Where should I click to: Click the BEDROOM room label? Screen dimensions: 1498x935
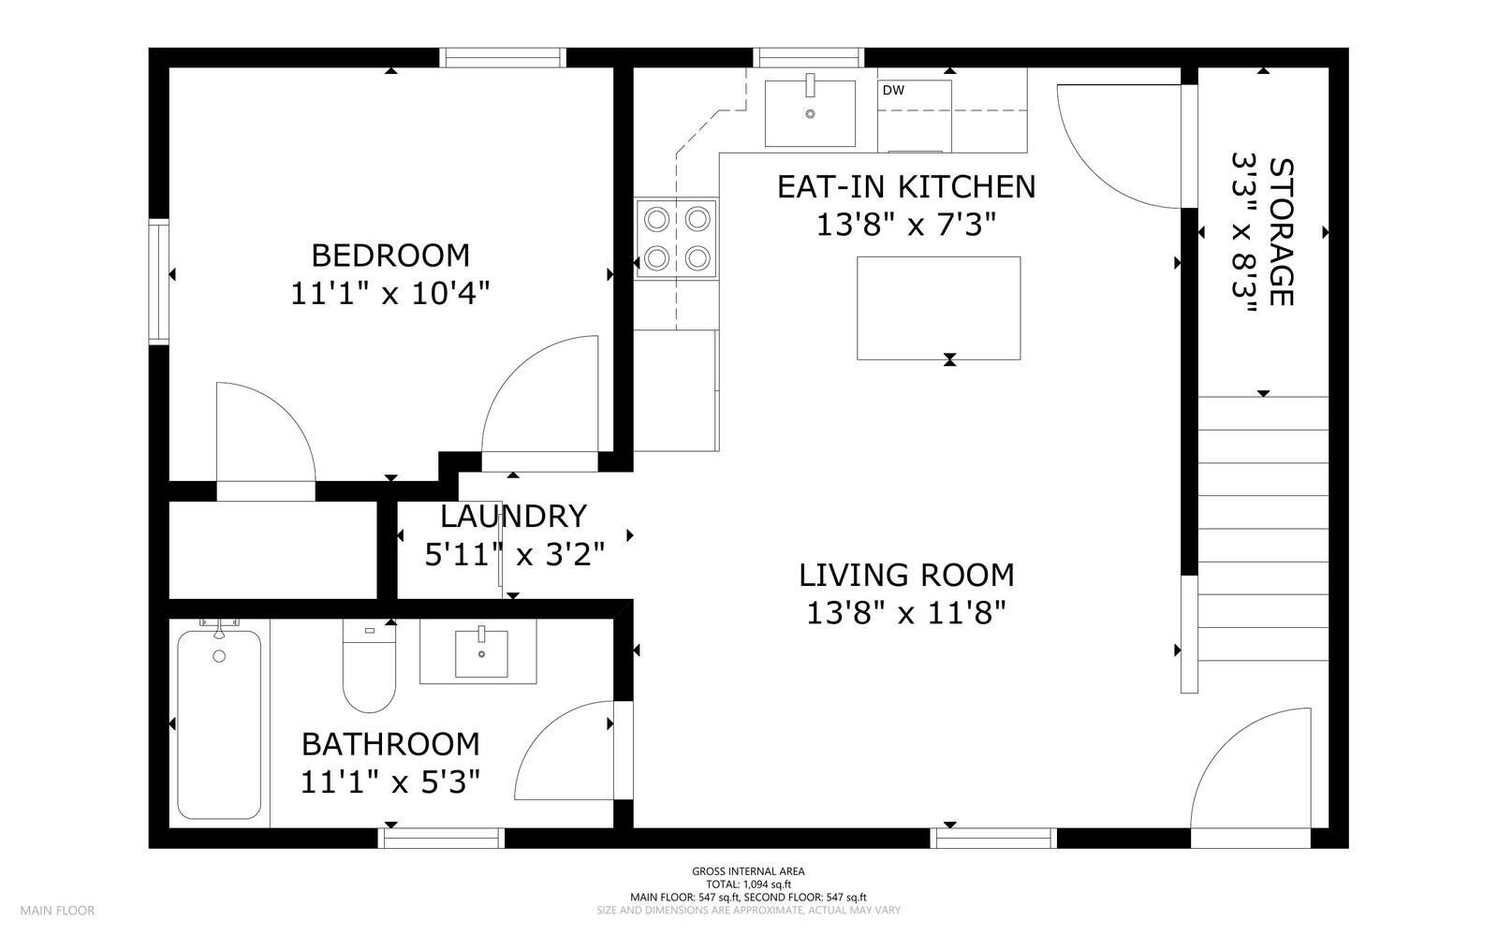click(x=390, y=256)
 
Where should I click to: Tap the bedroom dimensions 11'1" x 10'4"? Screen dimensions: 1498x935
click(x=390, y=293)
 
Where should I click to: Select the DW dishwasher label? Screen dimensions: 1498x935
click(x=893, y=90)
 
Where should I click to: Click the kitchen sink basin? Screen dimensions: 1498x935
click(x=810, y=113)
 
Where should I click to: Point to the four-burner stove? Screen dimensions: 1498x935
click(x=677, y=238)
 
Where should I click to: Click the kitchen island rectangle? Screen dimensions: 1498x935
click(x=939, y=308)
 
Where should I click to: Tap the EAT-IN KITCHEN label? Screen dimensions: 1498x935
click(x=906, y=187)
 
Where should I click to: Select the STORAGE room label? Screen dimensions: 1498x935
click(x=1281, y=232)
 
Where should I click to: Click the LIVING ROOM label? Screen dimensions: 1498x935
click(x=906, y=576)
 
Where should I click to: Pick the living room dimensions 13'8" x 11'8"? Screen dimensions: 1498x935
click(x=906, y=613)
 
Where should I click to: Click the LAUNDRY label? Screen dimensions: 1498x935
click(x=514, y=516)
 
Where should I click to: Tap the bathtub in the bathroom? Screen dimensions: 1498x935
click(x=219, y=724)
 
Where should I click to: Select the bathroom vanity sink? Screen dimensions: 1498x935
click(x=481, y=653)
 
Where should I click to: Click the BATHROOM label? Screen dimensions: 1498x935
click(x=390, y=744)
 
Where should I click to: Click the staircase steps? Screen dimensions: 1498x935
click(x=1263, y=529)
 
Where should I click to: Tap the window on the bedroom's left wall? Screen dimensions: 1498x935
click(x=158, y=282)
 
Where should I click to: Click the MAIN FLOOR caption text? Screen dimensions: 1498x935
click(x=57, y=911)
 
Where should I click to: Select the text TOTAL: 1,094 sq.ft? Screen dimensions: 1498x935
click(x=748, y=884)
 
